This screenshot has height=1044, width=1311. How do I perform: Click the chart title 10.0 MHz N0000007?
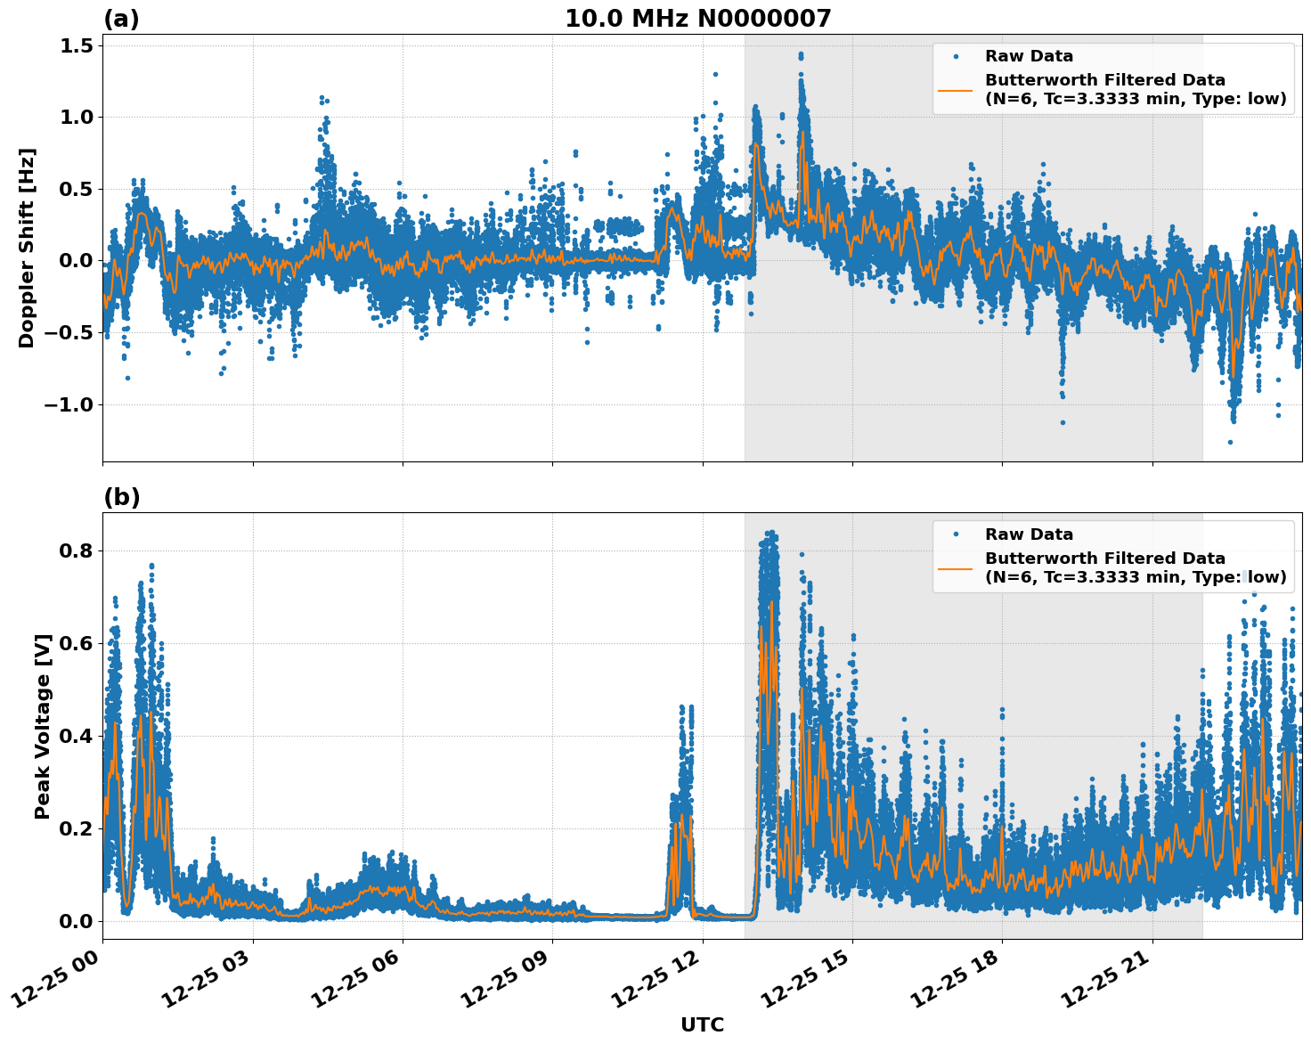pos(697,19)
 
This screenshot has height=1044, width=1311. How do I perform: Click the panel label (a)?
pos(121,19)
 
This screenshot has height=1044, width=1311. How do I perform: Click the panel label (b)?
pos(121,497)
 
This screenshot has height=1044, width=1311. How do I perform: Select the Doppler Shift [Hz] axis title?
pos(27,248)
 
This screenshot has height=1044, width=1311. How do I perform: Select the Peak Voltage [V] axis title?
pos(42,726)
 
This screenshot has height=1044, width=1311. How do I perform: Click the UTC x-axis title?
pos(702,1024)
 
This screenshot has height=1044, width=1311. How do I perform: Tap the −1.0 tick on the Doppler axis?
pos(67,405)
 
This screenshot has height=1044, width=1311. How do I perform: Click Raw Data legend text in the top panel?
pos(1029,56)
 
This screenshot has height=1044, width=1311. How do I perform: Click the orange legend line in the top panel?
pos(956,89)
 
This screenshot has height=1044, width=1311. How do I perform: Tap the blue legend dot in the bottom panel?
pos(956,534)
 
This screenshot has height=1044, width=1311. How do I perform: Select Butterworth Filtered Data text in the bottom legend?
pos(1104,559)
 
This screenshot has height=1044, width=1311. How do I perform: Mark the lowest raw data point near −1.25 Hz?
pos(1230,442)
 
